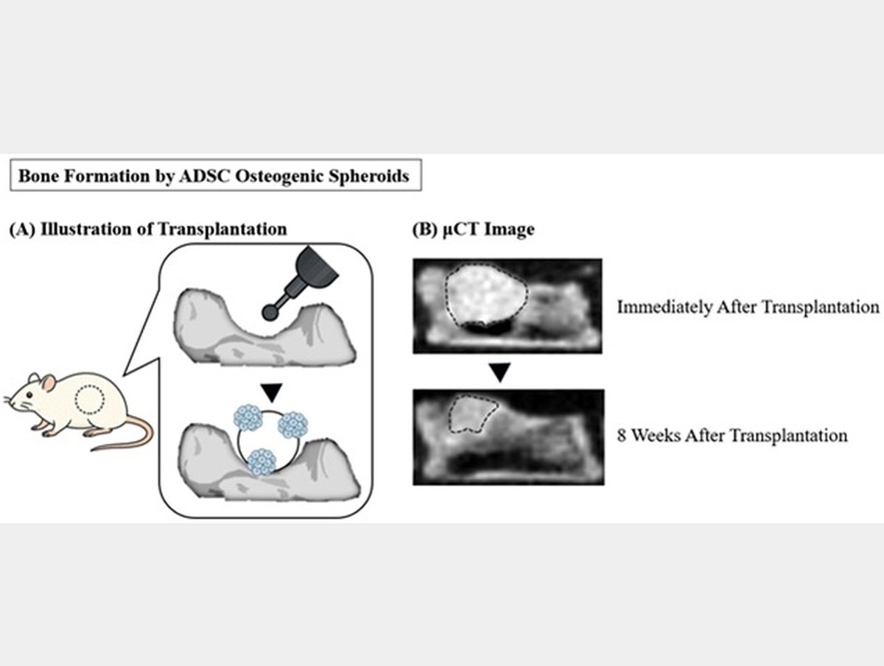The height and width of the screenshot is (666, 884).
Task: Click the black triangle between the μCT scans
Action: tap(500, 373)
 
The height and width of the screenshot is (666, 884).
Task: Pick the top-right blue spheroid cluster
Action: tap(296, 424)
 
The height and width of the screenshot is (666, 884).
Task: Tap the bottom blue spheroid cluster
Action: tap(262, 461)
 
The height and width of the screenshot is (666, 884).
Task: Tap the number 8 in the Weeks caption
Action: tap(622, 436)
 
